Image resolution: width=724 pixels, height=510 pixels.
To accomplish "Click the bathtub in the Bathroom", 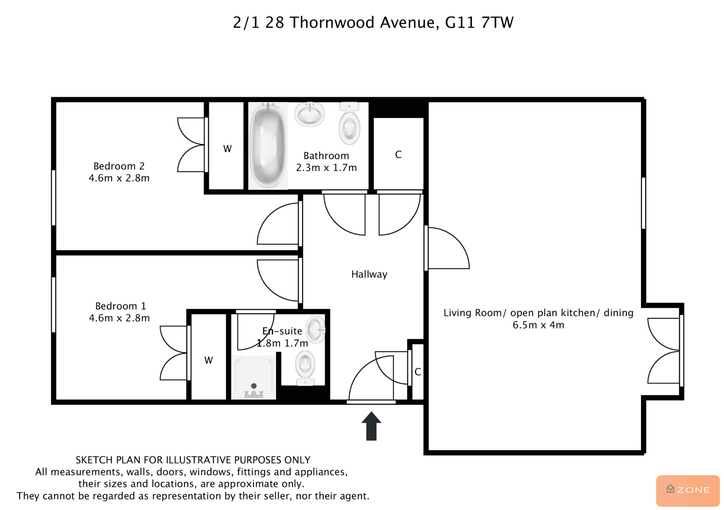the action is pyautogui.click(x=268, y=145).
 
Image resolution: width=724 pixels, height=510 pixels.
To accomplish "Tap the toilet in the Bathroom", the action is pyautogui.click(x=349, y=123).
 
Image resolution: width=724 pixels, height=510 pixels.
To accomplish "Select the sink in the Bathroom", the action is pyautogui.click(x=310, y=114).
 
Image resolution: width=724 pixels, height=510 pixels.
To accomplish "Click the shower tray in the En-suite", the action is pyautogui.click(x=254, y=377).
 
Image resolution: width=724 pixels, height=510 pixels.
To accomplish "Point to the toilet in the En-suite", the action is pyautogui.click(x=305, y=369).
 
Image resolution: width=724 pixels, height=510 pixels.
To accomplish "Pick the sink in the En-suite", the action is pyautogui.click(x=316, y=330).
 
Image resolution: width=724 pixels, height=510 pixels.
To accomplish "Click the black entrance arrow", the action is pyautogui.click(x=371, y=426).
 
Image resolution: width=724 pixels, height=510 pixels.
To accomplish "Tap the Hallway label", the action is pyautogui.click(x=369, y=274).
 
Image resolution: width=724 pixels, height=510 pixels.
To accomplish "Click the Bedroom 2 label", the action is pyautogui.click(x=119, y=166).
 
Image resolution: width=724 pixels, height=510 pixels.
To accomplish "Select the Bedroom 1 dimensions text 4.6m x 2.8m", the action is pyautogui.click(x=119, y=318).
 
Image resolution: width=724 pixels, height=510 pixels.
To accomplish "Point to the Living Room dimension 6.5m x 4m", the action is pyautogui.click(x=538, y=325).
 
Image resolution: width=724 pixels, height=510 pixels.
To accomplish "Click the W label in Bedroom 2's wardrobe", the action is pyautogui.click(x=227, y=149).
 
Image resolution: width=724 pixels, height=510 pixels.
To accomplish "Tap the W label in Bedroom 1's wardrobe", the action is pyautogui.click(x=209, y=360).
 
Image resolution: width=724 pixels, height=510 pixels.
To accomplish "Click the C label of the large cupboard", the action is pyautogui.click(x=398, y=155).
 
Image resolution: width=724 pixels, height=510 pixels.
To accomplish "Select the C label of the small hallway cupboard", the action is pyautogui.click(x=418, y=372).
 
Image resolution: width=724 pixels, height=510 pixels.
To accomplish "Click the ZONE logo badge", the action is pyautogui.click(x=688, y=490).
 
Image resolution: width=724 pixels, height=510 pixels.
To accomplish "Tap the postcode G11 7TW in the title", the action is pyautogui.click(x=479, y=22).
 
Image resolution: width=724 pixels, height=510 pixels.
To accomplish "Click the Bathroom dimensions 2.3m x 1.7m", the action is pyautogui.click(x=327, y=167).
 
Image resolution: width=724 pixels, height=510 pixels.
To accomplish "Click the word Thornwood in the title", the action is pyautogui.click(x=332, y=22).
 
